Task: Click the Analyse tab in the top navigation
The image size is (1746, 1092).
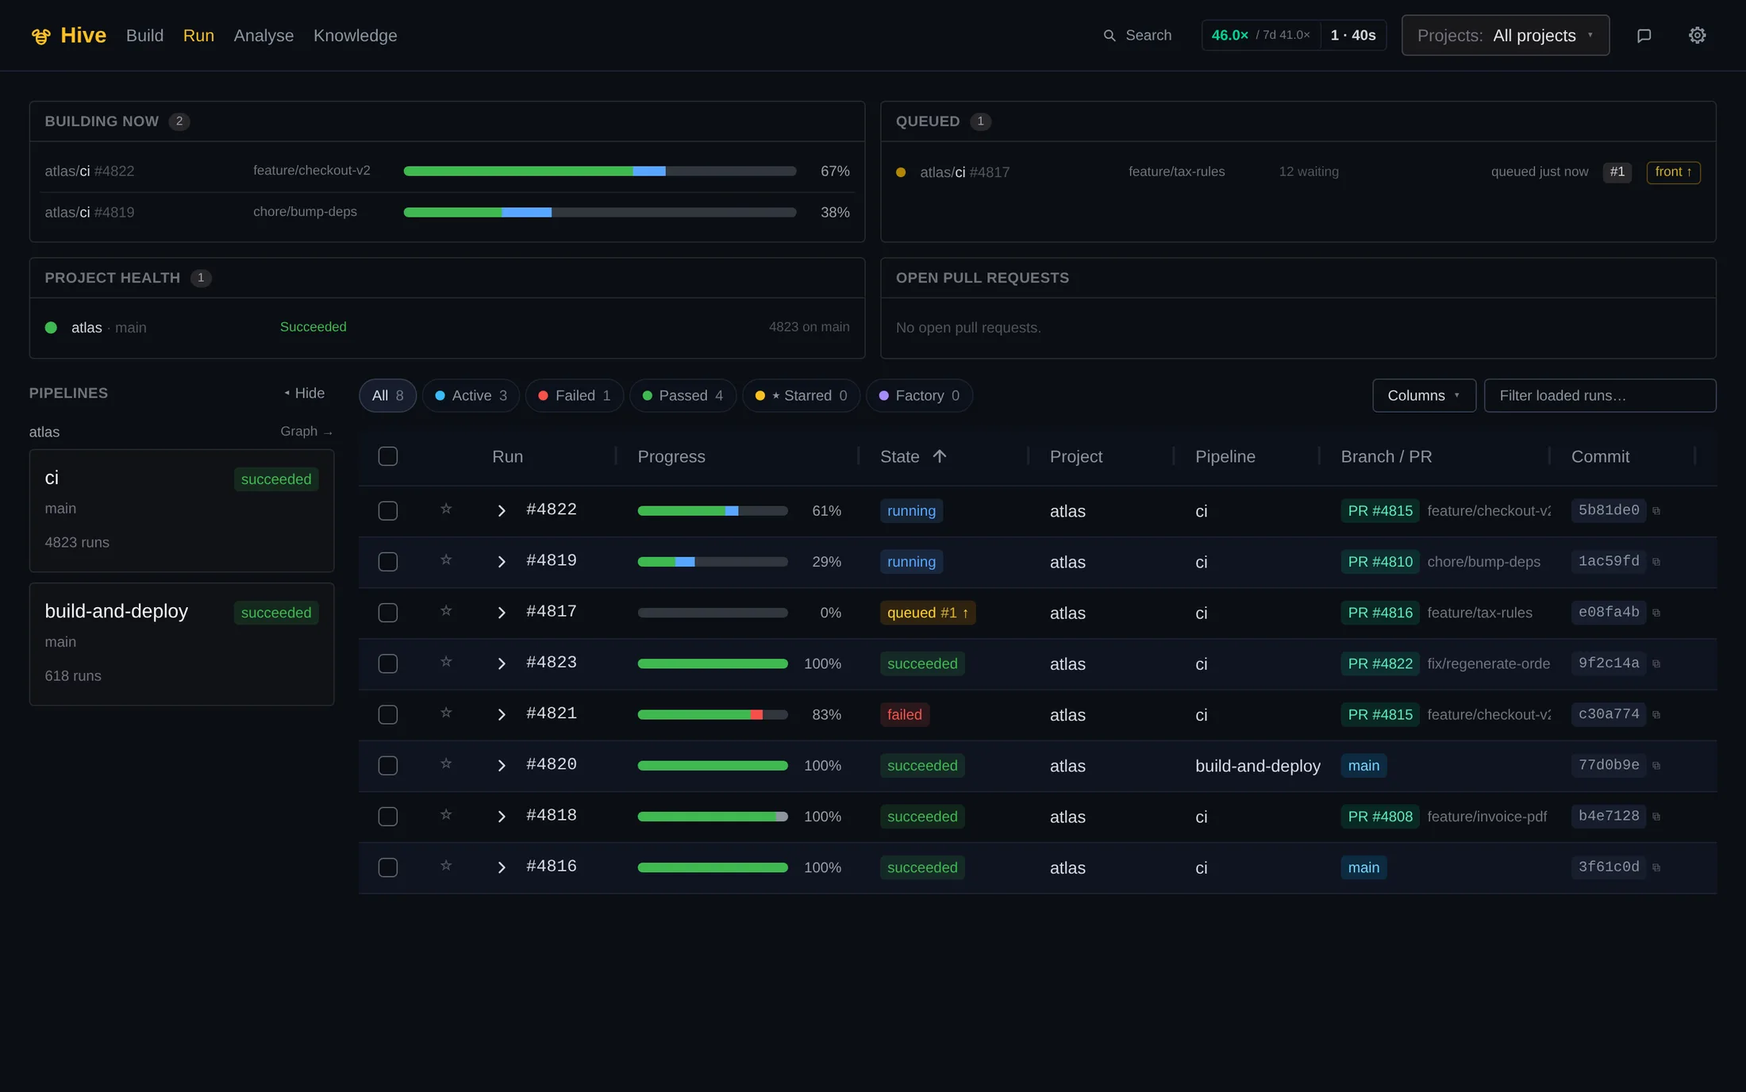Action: point(263,36)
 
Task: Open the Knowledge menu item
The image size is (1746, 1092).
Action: point(355,36)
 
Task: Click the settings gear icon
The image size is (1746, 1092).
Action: point(1697,36)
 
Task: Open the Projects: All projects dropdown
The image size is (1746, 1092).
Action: point(1505,36)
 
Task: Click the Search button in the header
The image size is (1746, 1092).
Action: point(1137,36)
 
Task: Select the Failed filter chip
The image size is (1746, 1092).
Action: point(575,395)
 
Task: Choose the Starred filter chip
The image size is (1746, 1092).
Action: point(801,395)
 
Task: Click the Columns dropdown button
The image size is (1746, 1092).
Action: point(1424,395)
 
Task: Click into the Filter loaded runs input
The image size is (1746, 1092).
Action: point(1600,395)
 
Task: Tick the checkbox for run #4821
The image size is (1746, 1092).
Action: point(388,714)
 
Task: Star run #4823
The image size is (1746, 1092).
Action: point(446,662)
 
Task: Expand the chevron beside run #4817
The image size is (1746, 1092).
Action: point(501,613)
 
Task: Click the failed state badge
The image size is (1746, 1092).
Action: point(904,714)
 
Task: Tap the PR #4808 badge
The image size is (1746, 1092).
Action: point(1380,817)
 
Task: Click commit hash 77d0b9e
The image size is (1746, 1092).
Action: point(1608,765)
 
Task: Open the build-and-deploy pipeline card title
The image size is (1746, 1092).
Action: point(117,611)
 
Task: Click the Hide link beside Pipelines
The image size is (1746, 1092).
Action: point(305,393)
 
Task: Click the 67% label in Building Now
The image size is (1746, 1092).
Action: point(835,171)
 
